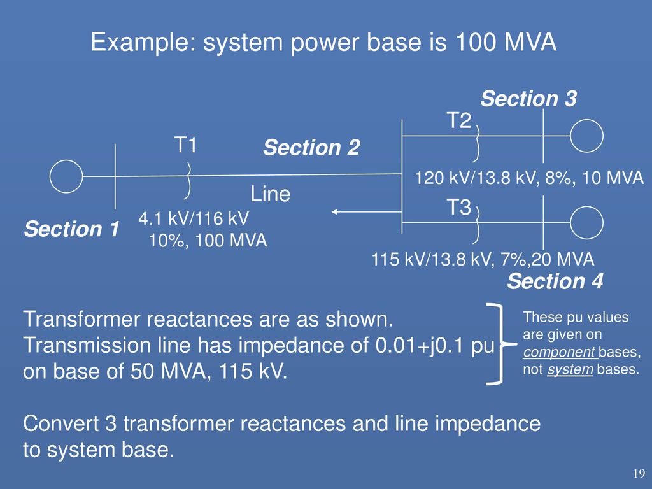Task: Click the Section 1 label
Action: point(72,229)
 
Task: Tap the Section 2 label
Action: point(311,147)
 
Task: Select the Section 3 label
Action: point(528,99)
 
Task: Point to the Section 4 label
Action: point(555,281)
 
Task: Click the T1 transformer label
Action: point(185,145)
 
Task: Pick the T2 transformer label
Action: point(459,120)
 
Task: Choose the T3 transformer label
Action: point(459,207)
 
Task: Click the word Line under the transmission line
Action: point(270,194)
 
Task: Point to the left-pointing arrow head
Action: point(334,212)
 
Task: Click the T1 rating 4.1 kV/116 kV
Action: point(194,218)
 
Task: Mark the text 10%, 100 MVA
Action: point(208,240)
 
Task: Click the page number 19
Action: point(639,473)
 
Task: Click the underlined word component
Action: point(560,352)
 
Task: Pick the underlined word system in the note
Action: point(570,369)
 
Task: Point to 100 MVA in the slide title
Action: point(506,42)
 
